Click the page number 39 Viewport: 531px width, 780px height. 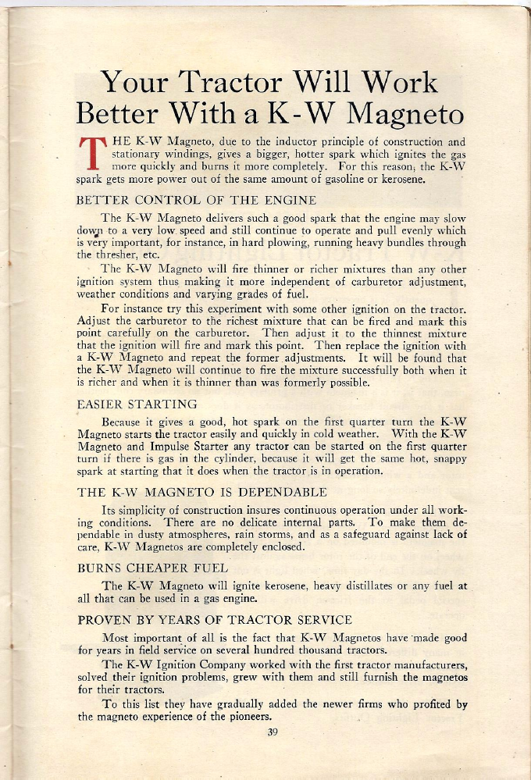coord(273,732)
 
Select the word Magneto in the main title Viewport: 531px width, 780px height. coord(404,115)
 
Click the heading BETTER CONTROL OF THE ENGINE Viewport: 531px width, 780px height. coord(196,200)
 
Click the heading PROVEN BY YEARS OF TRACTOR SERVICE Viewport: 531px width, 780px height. coord(215,620)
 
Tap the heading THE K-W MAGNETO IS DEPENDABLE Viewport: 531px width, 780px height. coord(202,493)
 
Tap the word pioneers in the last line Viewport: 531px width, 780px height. coord(245,717)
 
